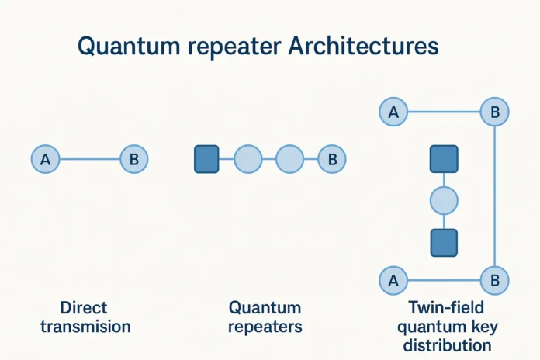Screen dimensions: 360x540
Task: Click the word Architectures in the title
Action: coord(363,47)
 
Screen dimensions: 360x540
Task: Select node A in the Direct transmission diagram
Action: coord(45,160)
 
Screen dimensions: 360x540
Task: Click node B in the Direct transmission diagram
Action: coord(133,160)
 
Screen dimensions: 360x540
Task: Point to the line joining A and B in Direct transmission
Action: coord(89,160)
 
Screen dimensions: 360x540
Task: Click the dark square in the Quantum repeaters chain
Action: coord(206,159)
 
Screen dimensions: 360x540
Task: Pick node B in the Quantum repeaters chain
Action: coord(332,159)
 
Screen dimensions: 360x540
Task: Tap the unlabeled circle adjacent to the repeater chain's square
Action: coord(248,159)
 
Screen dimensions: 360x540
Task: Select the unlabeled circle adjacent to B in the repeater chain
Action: coord(290,159)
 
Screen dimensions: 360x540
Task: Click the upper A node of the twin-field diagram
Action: coord(393,112)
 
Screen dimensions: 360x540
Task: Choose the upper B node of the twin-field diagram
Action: coord(494,112)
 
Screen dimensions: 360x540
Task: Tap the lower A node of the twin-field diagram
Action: coord(393,279)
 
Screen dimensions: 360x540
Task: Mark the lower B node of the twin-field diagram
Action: coord(494,279)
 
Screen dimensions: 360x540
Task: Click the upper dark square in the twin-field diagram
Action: coord(444,159)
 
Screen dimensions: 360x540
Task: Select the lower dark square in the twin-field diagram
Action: coord(444,243)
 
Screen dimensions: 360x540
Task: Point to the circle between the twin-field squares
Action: coord(444,201)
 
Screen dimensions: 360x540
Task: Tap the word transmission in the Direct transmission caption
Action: coord(85,326)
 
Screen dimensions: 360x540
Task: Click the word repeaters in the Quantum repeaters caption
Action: coord(265,326)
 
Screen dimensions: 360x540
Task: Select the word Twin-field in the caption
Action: coord(443,308)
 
